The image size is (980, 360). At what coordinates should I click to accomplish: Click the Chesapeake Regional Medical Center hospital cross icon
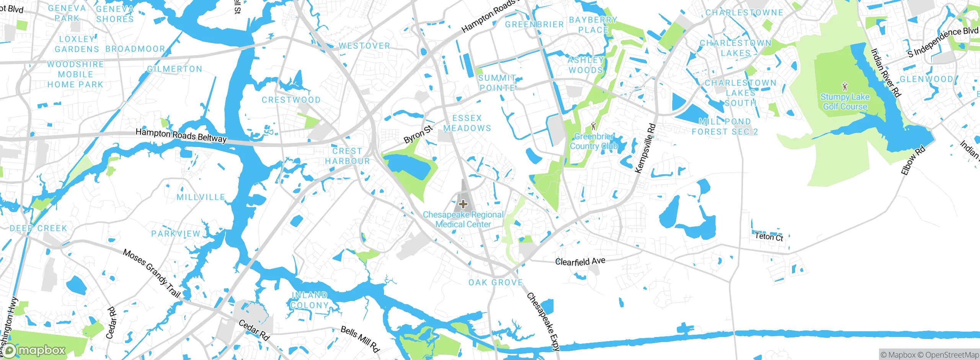pos(463,204)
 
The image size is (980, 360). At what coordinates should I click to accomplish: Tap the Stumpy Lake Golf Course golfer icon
pos(845,87)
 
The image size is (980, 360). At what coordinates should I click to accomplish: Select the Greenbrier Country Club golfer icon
pos(594,126)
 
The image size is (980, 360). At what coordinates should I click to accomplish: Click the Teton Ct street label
pos(769,237)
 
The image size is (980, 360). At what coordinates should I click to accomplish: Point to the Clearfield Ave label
pos(580,262)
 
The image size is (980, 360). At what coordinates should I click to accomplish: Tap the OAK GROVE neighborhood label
pos(496,283)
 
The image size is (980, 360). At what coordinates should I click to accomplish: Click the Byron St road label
pos(418,134)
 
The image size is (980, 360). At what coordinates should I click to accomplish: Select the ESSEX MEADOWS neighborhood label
pos(467,123)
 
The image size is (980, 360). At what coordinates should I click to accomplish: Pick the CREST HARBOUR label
pos(347,156)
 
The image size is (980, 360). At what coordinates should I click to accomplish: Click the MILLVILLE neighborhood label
pos(201,197)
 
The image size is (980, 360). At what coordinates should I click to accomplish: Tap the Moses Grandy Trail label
pos(152,273)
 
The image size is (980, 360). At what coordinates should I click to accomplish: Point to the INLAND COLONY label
pos(309,300)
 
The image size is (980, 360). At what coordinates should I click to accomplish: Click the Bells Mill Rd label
pos(360,339)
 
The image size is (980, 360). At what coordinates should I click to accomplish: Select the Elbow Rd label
pos(913,160)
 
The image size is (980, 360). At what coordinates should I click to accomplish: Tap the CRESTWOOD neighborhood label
pos(291,100)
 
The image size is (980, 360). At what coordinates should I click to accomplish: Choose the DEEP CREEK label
pos(38,228)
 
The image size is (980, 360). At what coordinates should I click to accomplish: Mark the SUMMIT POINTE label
pos(497,83)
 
